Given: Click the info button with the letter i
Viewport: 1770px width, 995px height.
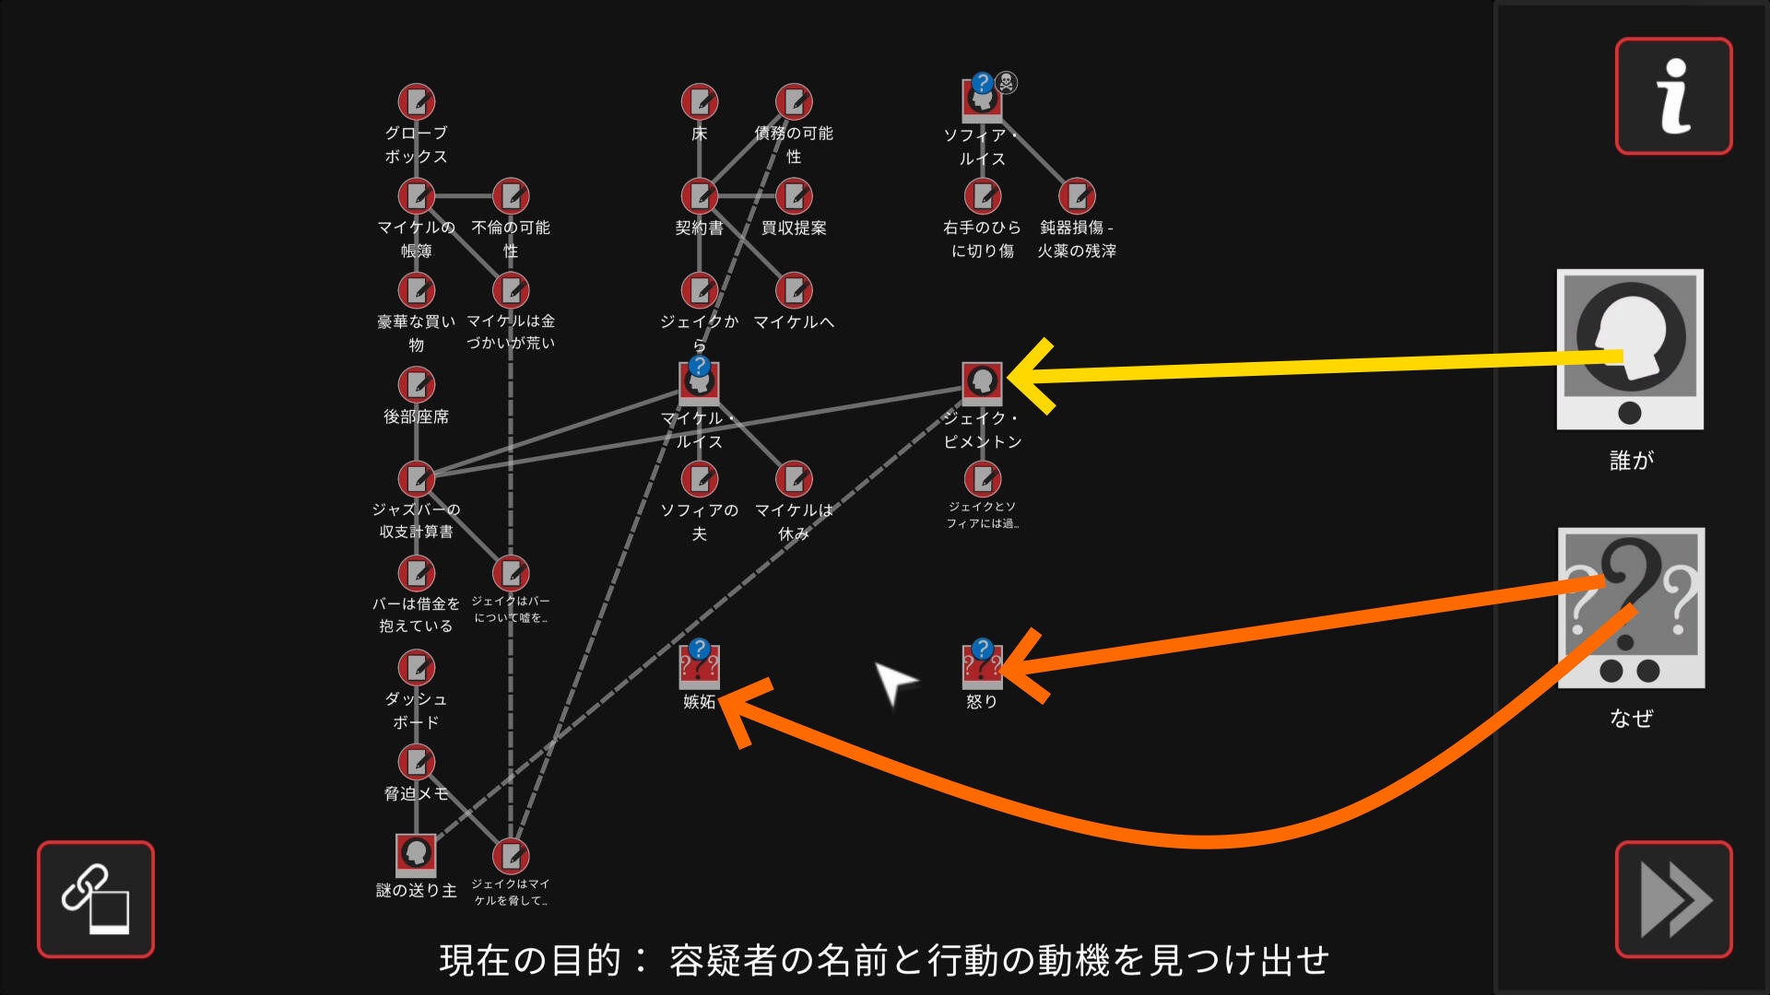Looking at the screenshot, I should click(x=1673, y=96).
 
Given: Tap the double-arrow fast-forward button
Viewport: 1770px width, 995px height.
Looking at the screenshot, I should click(x=1673, y=899).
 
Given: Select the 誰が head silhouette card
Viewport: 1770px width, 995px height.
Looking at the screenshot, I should click(x=1630, y=349).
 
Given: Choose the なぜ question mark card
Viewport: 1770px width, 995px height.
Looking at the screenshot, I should click(x=1631, y=607).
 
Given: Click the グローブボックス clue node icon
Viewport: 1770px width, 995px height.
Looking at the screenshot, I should click(x=417, y=101).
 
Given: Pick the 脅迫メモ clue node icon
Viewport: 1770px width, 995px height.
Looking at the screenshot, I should click(x=417, y=762).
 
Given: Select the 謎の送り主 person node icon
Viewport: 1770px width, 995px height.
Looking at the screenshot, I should click(x=416, y=854).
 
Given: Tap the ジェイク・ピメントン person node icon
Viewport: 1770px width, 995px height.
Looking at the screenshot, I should click(x=982, y=381).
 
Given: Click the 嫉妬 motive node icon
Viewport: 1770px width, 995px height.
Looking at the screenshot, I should click(x=699, y=664).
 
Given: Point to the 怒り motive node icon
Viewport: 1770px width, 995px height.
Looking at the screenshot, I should click(x=982, y=664).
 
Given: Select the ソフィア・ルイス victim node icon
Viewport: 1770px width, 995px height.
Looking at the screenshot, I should click(x=982, y=99).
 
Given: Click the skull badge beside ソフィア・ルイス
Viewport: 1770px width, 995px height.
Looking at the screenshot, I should click(x=1007, y=83).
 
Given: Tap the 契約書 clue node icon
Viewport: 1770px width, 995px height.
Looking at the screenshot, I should click(x=699, y=195).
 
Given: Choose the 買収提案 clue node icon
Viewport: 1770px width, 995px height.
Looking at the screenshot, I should click(x=794, y=195).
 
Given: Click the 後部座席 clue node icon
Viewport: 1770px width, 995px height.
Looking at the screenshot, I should click(x=417, y=384).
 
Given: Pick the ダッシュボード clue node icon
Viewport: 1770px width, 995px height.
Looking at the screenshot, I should click(x=417, y=667).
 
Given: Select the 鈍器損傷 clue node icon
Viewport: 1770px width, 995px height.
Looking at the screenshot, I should click(x=1077, y=195).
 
